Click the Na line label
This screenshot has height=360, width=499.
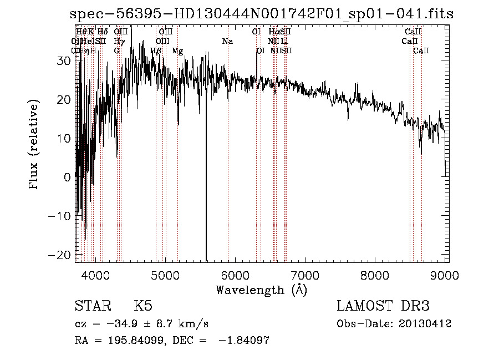[227, 41]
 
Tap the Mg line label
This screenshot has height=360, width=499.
[177, 50]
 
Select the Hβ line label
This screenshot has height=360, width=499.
[156, 50]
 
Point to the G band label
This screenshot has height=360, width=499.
[116, 50]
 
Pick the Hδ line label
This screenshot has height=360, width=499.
[103, 32]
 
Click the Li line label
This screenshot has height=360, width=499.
[284, 41]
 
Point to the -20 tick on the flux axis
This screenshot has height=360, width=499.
[63, 254]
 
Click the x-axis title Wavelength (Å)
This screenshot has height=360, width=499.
[261, 290]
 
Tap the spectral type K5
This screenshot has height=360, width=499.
[143, 306]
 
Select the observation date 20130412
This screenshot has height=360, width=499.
[426, 323]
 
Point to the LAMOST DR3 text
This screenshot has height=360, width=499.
[383, 306]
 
